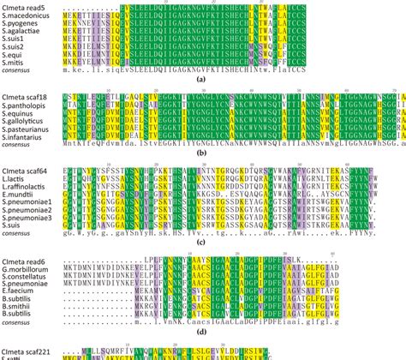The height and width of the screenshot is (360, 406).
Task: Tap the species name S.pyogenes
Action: click(21, 25)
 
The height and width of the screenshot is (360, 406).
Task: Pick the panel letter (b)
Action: click(202, 157)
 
